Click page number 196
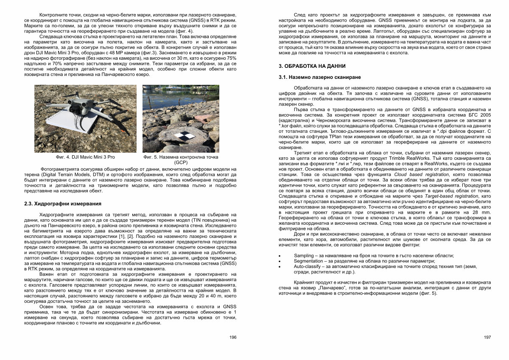click(233, 337)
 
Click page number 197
click(487, 337)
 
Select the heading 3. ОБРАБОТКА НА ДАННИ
click(312, 67)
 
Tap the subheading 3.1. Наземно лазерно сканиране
click(320, 78)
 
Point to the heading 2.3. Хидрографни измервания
click(63, 204)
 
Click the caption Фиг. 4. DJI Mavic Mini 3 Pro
click(85, 157)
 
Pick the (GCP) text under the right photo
click(181, 162)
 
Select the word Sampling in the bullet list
click(304, 255)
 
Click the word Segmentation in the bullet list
click(308, 261)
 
